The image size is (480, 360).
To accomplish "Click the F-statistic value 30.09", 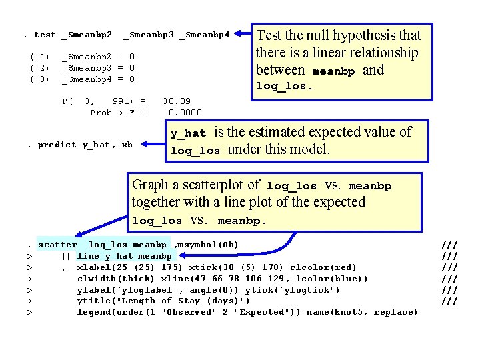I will click(177, 101).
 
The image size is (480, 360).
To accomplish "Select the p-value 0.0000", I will click(185, 112).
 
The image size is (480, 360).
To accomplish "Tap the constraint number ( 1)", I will click(40, 57).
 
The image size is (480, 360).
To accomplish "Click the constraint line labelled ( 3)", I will click(40, 79).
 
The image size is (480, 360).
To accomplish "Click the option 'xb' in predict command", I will click(127, 145).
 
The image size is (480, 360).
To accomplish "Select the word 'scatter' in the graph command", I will click(58, 245).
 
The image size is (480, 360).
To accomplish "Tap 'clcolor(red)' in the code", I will click(323, 267).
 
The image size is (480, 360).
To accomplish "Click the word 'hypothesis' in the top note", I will click(356, 35).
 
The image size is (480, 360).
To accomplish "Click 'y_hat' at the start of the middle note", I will click(188, 133).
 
